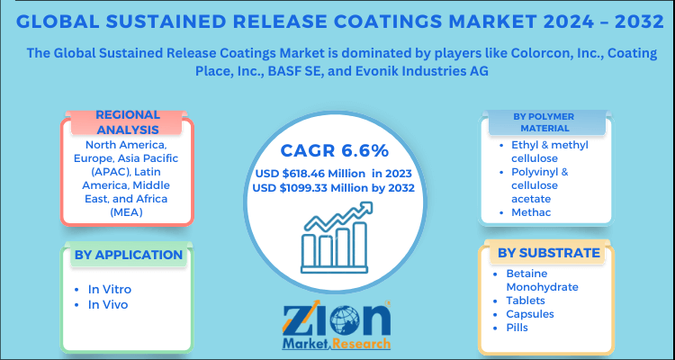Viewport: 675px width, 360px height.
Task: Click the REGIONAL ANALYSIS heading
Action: [x=128, y=121]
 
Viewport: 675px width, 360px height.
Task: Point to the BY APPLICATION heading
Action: [x=129, y=255]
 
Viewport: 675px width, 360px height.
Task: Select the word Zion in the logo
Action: [x=337, y=320]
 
